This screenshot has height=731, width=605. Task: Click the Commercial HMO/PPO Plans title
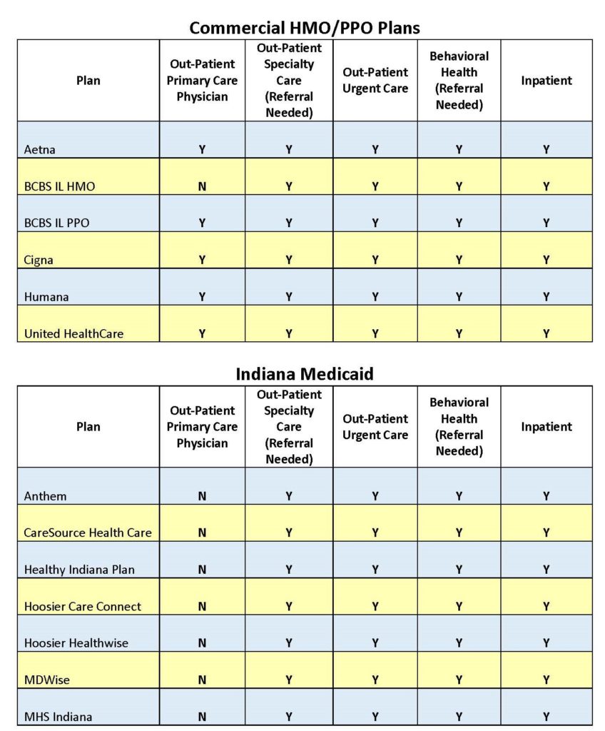click(x=305, y=28)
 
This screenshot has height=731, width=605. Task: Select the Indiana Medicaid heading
click(x=305, y=374)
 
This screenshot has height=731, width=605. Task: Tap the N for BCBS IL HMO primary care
click(x=202, y=186)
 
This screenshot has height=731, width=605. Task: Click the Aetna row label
click(x=39, y=149)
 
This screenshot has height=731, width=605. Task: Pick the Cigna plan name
click(x=39, y=260)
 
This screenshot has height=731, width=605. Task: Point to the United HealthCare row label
click(x=73, y=333)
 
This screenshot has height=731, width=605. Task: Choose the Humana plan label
click(x=46, y=296)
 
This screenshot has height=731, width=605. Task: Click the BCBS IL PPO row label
click(x=57, y=223)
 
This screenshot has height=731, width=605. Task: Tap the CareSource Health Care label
click(x=88, y=533)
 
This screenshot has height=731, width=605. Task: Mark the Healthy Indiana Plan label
click(x=79, y=570)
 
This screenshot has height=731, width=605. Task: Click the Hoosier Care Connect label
click(x=83, y=606)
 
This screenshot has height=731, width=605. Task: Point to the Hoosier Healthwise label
click(x=76, y=642)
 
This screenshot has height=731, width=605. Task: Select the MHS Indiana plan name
click(x=58, y=716)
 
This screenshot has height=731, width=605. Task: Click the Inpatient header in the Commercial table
click(x=546, y=81)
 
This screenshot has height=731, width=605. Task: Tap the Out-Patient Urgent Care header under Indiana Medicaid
click(x=375, y=427)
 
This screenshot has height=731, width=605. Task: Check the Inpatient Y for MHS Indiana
click(x=546, y=716)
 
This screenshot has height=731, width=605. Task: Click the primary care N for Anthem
click(x=202, y=495)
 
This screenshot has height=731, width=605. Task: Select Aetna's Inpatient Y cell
click(x=546, y=149)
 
